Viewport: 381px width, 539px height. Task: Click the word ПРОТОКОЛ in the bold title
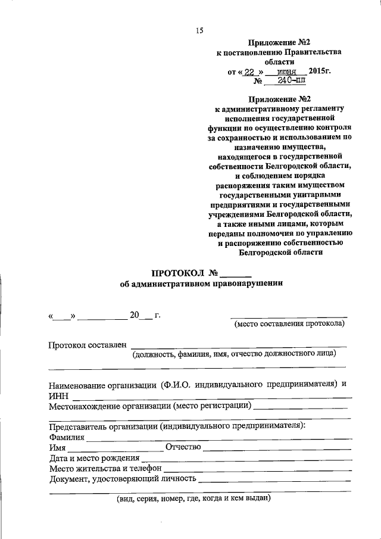point(177,273)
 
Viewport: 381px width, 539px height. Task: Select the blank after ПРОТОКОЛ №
point(236,275)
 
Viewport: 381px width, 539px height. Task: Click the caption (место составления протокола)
point(289,324)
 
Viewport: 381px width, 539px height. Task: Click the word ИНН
point(58,395)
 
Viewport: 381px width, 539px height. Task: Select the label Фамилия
point(67,437)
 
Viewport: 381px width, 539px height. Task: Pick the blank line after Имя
point(114,448)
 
